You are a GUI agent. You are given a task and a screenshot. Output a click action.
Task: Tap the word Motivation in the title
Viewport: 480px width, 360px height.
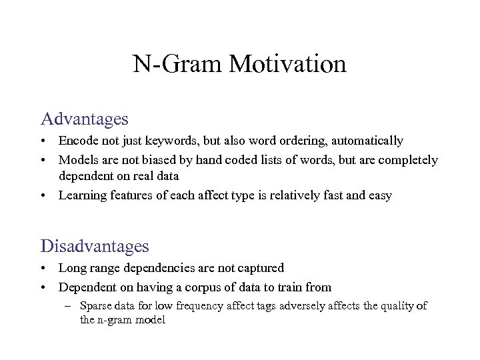click(x=287, y=65)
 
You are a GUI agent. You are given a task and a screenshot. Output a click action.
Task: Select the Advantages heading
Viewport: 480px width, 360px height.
click(x=84, y=119)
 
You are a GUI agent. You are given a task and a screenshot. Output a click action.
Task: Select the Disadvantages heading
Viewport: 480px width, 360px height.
click(x=95, y=246)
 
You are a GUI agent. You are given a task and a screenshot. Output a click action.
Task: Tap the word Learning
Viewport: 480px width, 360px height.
click(x=81, y=195)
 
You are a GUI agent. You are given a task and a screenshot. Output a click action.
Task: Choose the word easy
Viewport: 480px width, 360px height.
click(x=378, y=195)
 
